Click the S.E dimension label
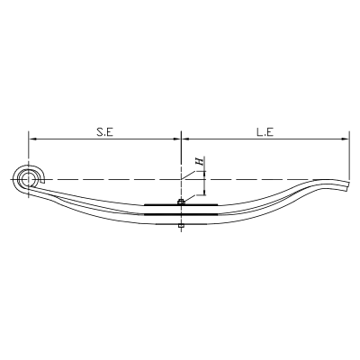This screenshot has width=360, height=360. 104,131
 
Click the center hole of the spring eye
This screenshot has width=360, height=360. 28,179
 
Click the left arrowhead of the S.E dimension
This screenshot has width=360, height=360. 32,139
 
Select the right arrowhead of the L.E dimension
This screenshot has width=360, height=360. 345,139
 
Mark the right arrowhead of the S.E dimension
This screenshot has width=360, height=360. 177,139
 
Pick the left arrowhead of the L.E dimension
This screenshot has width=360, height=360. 186,139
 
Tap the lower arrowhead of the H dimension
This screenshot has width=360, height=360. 205,193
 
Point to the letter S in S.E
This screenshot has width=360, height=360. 99,131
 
